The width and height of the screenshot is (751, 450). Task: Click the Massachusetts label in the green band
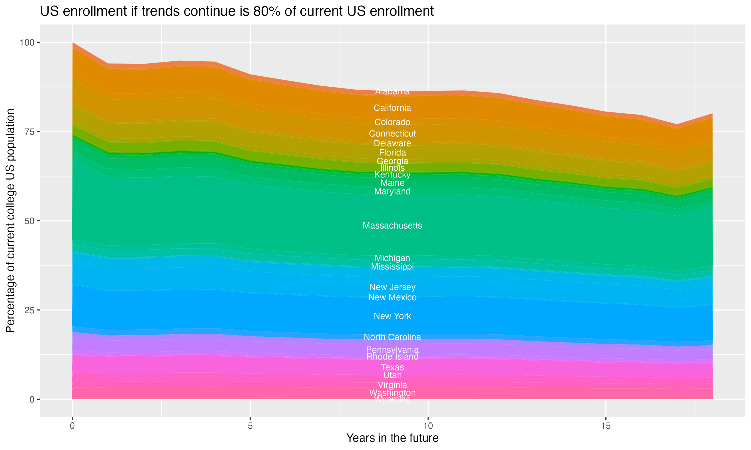pos(392,225)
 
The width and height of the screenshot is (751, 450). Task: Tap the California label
pos(392,108)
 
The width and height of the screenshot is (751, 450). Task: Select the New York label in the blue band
pos(392,316)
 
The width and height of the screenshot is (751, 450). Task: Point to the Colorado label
pos(392,122)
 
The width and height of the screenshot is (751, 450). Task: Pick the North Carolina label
pos(392,337)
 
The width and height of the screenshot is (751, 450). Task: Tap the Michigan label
pos(392,258)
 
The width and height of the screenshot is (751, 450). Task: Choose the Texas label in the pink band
pos(392,367)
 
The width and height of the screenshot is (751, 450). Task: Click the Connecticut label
pos(392,133)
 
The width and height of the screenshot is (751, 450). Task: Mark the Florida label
pos(392,152)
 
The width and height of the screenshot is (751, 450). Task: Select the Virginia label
pos(392,385)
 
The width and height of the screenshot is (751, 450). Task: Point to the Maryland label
pos(392,191)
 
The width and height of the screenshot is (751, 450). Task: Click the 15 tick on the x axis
pos(606,426)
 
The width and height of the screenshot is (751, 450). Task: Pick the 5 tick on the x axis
pos(250,426)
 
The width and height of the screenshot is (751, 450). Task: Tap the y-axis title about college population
pos(10,221)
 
